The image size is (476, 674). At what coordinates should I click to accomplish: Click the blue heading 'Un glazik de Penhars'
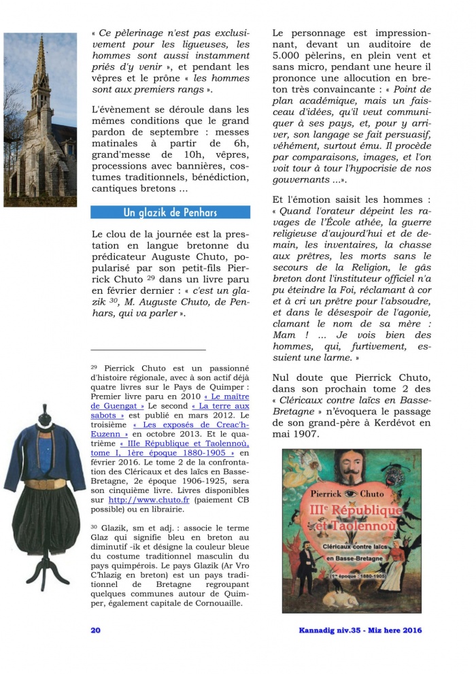170,213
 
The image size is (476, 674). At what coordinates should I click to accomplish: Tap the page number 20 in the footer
96,630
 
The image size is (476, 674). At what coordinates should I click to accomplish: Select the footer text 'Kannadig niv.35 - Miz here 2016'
360,630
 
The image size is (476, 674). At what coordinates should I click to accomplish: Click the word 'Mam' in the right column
284,335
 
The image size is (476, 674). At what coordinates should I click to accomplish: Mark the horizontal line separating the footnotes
148,350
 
